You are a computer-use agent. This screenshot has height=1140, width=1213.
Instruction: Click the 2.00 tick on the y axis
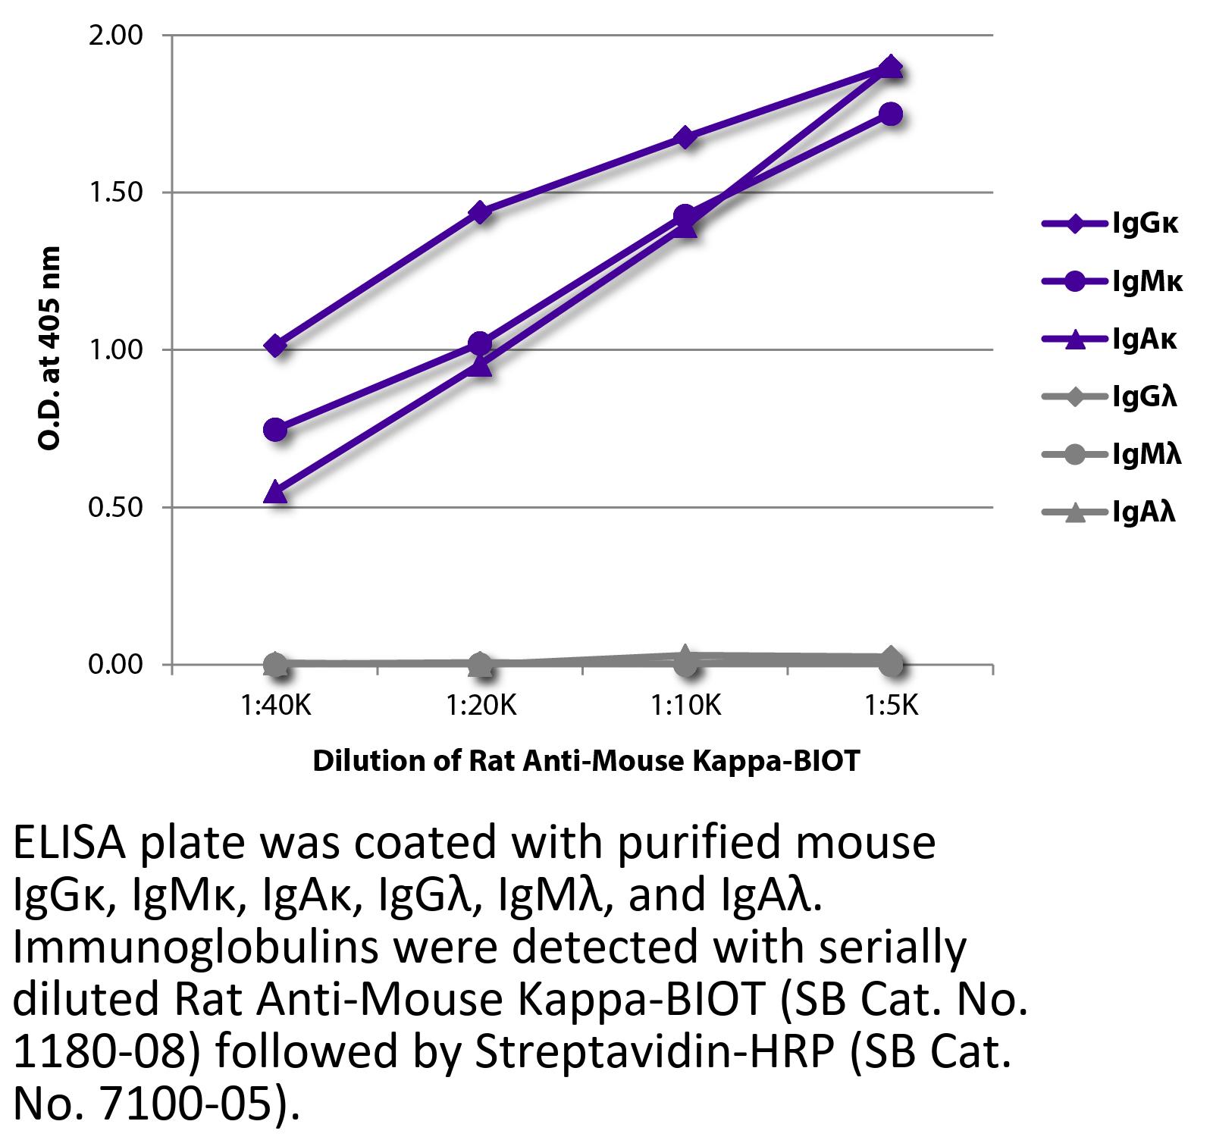tap(115, 36)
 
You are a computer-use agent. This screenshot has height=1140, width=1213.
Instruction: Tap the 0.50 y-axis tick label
tap(115, 507)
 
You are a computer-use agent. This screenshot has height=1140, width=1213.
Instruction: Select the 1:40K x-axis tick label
tap(275, 706)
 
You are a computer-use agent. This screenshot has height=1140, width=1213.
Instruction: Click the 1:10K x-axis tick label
tap(685, 706)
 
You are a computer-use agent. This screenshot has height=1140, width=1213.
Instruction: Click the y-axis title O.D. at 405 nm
tap(49, 349)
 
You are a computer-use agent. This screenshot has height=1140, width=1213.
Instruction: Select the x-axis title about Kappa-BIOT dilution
tap(586, 760)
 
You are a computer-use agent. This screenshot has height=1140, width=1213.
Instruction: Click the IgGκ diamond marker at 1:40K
tap(276, 346)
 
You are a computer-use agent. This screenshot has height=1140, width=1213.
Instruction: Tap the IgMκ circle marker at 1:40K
tap(275, 430)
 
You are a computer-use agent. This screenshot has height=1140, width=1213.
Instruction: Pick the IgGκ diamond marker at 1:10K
tap(685, 137)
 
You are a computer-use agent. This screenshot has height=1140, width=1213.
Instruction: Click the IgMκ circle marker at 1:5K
tap(891, 114)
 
